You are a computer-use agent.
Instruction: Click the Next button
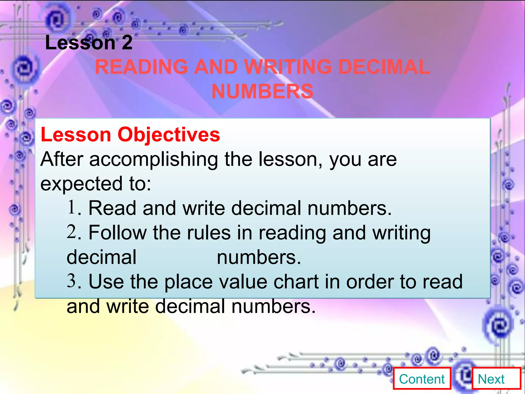pyautogui.click(x=496, y=379)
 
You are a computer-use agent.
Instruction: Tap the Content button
pyautogui.click(x=422, y=379)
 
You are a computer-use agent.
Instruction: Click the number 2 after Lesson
pyautogui.click(x=127, y=43)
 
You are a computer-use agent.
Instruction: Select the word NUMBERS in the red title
pyautogui.click(x=262, y=91)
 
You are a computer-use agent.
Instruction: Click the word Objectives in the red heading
pyautogui.click(x=168, y=135)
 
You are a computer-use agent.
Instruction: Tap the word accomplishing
pyautogui.click(x=154, y=160)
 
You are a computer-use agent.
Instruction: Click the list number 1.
pyautogui.click(x=72, y=207)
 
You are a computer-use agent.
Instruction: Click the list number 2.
pyautogui.click(x=72, y=231)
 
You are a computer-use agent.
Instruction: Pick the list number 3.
pyautogui.click(x=72, y=281)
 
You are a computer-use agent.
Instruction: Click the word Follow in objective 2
pyautogui.click(x=117, y=233)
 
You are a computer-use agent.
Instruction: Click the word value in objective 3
pyautogui.click(x=243, y=282)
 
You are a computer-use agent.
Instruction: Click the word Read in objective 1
pyautogui.click(x=112, y=208)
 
